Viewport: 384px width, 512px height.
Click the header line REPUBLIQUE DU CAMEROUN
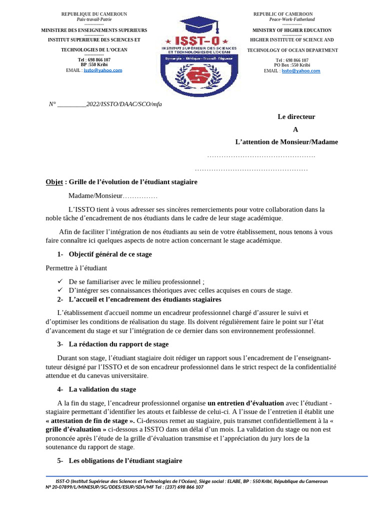(x=94, y=14)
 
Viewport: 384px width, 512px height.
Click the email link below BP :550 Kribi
(x=102, y=70)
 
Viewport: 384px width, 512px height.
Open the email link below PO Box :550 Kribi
(x=300, y=71)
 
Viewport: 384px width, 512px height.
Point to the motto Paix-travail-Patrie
(x=94, y=19)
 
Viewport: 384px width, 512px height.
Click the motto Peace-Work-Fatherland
(x=292, y=19)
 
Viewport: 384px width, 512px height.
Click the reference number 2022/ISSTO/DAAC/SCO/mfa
(x=124, y=104)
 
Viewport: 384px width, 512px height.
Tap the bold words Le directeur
(x=296, y=116)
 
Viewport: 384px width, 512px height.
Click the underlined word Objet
(x=54, y=182)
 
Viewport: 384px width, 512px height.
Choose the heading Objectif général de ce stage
(x=110, y=254)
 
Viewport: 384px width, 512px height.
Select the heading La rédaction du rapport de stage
(x=118, y=344)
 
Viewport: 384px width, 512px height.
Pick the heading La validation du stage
(x=102, y=389)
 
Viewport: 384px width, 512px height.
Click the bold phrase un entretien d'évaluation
(x=245, y=403)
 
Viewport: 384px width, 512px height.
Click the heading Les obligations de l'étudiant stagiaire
(x=125, y=460)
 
